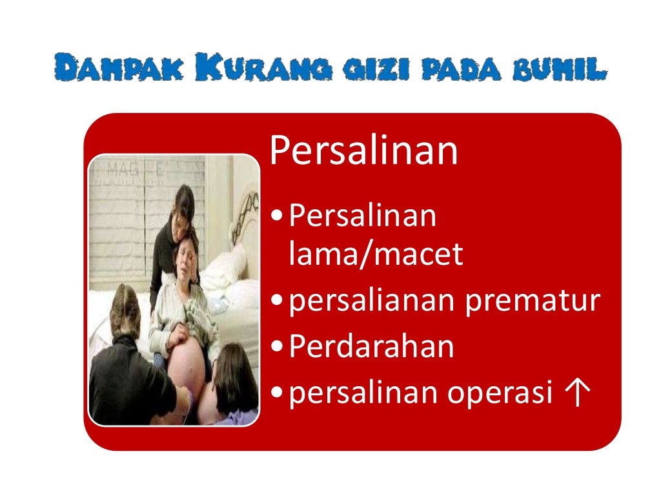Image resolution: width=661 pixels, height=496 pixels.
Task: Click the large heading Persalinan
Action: click(x=363, y=151)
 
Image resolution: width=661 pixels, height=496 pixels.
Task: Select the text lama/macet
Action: click(x=376, y=255)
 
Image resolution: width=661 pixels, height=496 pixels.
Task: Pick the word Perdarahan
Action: click(x=371, y=347)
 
